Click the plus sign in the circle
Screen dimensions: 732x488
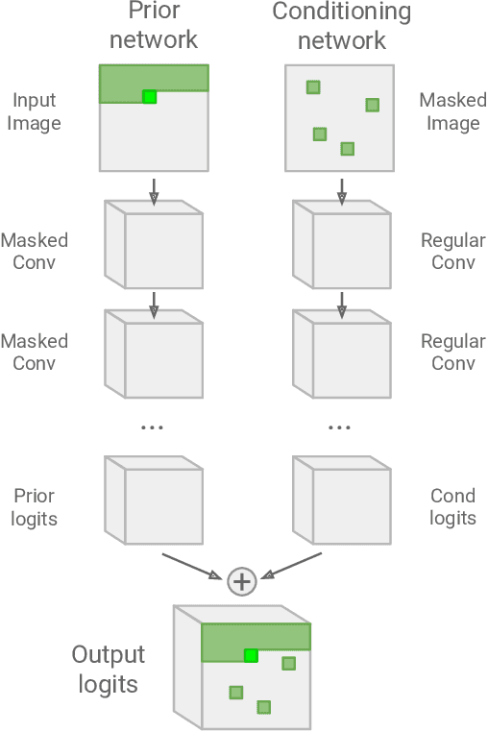point(242,581)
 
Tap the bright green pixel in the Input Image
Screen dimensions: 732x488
point(149,96)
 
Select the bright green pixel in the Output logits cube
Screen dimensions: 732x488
point(251,655)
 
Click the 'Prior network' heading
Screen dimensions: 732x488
point(153,26)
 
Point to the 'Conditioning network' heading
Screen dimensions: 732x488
point(341,26)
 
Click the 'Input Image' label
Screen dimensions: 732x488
point(36,111)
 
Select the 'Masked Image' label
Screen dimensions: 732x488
point(452,111)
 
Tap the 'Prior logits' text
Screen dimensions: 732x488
point(35,507)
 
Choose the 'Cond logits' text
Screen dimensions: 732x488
point(452,507)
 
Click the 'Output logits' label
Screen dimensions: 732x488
point(108,670)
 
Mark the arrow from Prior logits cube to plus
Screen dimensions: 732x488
point(192,566)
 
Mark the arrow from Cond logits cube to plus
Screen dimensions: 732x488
point(293,566)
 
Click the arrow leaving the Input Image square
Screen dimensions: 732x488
point(153,190)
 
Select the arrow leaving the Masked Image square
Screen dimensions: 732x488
point(341,190)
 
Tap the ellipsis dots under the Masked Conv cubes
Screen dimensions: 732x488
point(153,427)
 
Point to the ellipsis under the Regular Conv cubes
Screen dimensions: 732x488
point(340,427)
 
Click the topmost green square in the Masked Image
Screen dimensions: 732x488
point(313,87)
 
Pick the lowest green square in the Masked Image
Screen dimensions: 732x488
point(348,149)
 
